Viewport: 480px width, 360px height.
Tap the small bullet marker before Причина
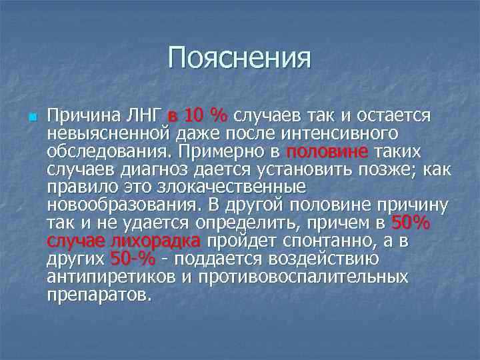[x=31, y=117]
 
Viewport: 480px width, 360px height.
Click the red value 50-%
[x=132, y=259]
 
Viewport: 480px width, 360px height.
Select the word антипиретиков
[x=108, y=276]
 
